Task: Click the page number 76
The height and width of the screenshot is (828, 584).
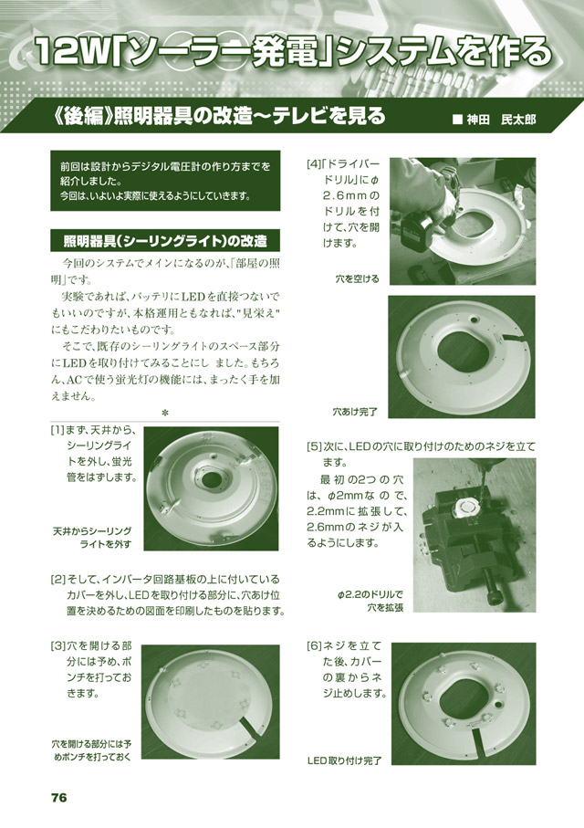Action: click(x=59, y=797)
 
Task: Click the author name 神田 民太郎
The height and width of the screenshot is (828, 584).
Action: click(x=501, y=120)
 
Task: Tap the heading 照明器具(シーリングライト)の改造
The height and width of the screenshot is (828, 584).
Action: click(x=165, y=241)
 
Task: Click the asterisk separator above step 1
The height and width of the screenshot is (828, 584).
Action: click(x=165, y=413)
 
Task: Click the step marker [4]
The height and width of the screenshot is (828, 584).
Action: click(x=313, y=164)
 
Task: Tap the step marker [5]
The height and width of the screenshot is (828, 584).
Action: click(x=313, y=446)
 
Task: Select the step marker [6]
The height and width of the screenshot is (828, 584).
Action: click(x=313, y=645)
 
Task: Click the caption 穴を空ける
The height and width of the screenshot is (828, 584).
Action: click(x=357, y=278)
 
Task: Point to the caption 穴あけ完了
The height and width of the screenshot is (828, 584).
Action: click(x=355, y=412)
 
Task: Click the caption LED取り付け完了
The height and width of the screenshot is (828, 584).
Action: click(x=344, y=761)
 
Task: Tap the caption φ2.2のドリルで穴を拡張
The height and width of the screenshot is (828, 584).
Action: click(x=370, y=601)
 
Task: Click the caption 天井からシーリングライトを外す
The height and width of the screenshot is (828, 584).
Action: click(x=92, y=538)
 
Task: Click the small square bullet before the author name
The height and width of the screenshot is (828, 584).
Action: click(x=457, y=120)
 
